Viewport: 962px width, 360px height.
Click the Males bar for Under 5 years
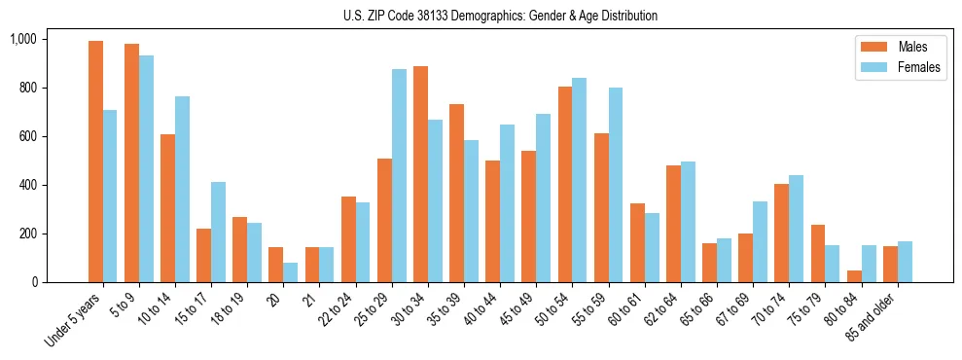95,162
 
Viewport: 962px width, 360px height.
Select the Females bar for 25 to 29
399,176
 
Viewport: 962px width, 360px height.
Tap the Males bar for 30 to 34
420,174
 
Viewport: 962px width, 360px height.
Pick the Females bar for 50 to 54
579,180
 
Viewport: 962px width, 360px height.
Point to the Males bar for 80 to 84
854,276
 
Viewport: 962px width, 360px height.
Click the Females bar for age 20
290,272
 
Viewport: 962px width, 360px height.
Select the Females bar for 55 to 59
615,185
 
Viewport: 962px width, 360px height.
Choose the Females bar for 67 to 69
760,241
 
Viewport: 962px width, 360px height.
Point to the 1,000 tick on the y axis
50,39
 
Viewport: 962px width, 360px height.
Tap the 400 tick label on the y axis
54,185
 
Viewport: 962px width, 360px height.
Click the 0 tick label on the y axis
61,282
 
